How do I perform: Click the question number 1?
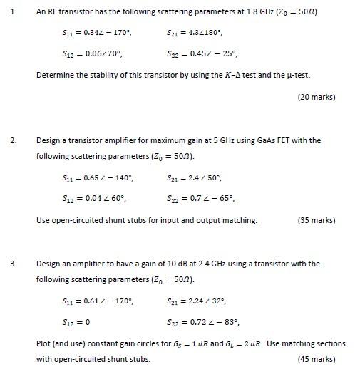[x=14, y=12]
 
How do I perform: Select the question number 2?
[x=14, y=140]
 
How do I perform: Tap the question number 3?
[x=14, y=264]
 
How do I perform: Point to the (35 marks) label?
[x=317, y=220]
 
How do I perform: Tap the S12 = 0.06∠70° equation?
[x=93, y=53]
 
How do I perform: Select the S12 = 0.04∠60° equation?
[x=93, y=199]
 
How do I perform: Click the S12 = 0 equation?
[x=76, y=322]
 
